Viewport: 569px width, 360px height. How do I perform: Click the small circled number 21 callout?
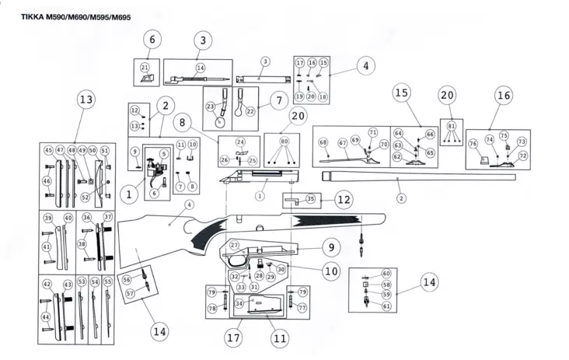[x=145, y=68]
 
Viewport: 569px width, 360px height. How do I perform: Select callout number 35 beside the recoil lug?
[x=310, y=199]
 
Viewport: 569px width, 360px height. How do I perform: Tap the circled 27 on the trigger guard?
[x=234, y=245]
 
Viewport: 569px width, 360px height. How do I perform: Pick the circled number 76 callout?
[x=473, y=144]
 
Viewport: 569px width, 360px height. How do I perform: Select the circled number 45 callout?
[x=48, y=150]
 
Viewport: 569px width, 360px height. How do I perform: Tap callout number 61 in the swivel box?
[x=386, y=306]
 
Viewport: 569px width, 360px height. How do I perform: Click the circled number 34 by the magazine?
[x=239, y=302]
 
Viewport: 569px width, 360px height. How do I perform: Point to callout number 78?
[x=211, y=309]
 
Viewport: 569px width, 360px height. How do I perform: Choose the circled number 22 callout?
[x=250, y=111]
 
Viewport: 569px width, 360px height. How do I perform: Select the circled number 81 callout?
[x=452, y=124]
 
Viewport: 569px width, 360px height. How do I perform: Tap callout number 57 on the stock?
[x=130, y=293]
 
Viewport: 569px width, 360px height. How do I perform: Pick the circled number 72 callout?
[x=522, y=156]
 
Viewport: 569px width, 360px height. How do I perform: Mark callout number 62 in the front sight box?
[x=397, y=156]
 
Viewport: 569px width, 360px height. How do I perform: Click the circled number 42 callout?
[x=47, y=284]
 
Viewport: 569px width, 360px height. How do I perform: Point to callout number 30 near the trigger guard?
[x=281, y=268]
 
